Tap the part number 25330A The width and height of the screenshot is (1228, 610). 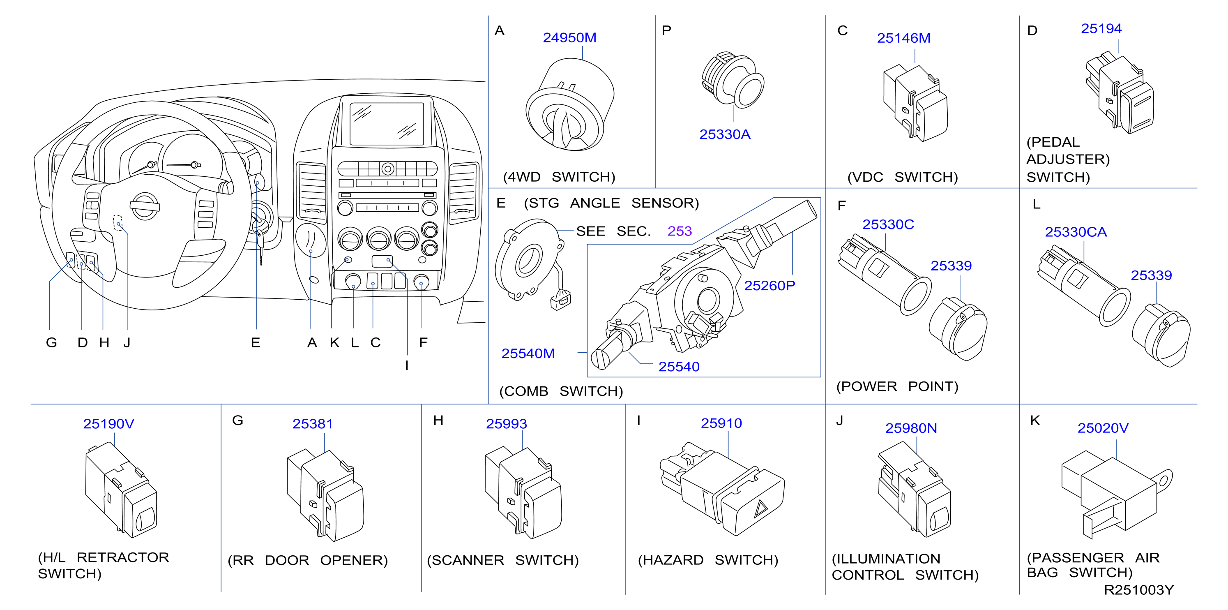[x=725, y=134]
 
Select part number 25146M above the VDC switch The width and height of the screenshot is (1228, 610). [x=903, y=38]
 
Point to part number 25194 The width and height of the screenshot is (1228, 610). [x=1101, y=29]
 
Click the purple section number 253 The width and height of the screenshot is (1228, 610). [x=679, y=231]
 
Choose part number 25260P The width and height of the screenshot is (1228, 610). [x=770, y=286]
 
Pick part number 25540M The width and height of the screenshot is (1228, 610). [x=528, y=354]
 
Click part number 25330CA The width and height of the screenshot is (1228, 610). [x=1076, y=232]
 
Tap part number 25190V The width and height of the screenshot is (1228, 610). [x=109, y=424]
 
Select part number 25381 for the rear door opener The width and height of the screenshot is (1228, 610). [x=313, y=424]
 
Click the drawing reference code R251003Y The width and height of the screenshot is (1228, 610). [x=1138, y=590]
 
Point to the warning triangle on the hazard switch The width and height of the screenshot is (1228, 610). [x=760, y=509]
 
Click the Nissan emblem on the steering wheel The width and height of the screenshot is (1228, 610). [x=145, y=206]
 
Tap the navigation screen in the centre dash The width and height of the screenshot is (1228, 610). [x=387, y=124]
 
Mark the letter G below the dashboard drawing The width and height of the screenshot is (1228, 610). [x=51, y=343]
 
